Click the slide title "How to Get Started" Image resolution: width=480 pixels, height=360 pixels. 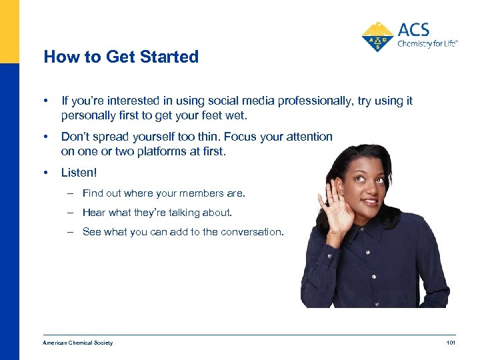click(x=121, y=57)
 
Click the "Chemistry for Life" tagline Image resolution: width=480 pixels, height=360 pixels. click(x=427, y=45)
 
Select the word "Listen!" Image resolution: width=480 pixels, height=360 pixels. click(x=79, y=173)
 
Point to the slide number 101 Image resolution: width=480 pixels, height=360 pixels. click(x=450, y=343)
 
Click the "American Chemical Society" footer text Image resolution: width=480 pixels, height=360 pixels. click(x=77, y=343)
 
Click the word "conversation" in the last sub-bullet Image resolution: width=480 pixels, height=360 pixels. click(x=252, y=232)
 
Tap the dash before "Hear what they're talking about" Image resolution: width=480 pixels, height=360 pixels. click(x=70, y=213)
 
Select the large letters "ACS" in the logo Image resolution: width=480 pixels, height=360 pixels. click(x=413, y=29)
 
